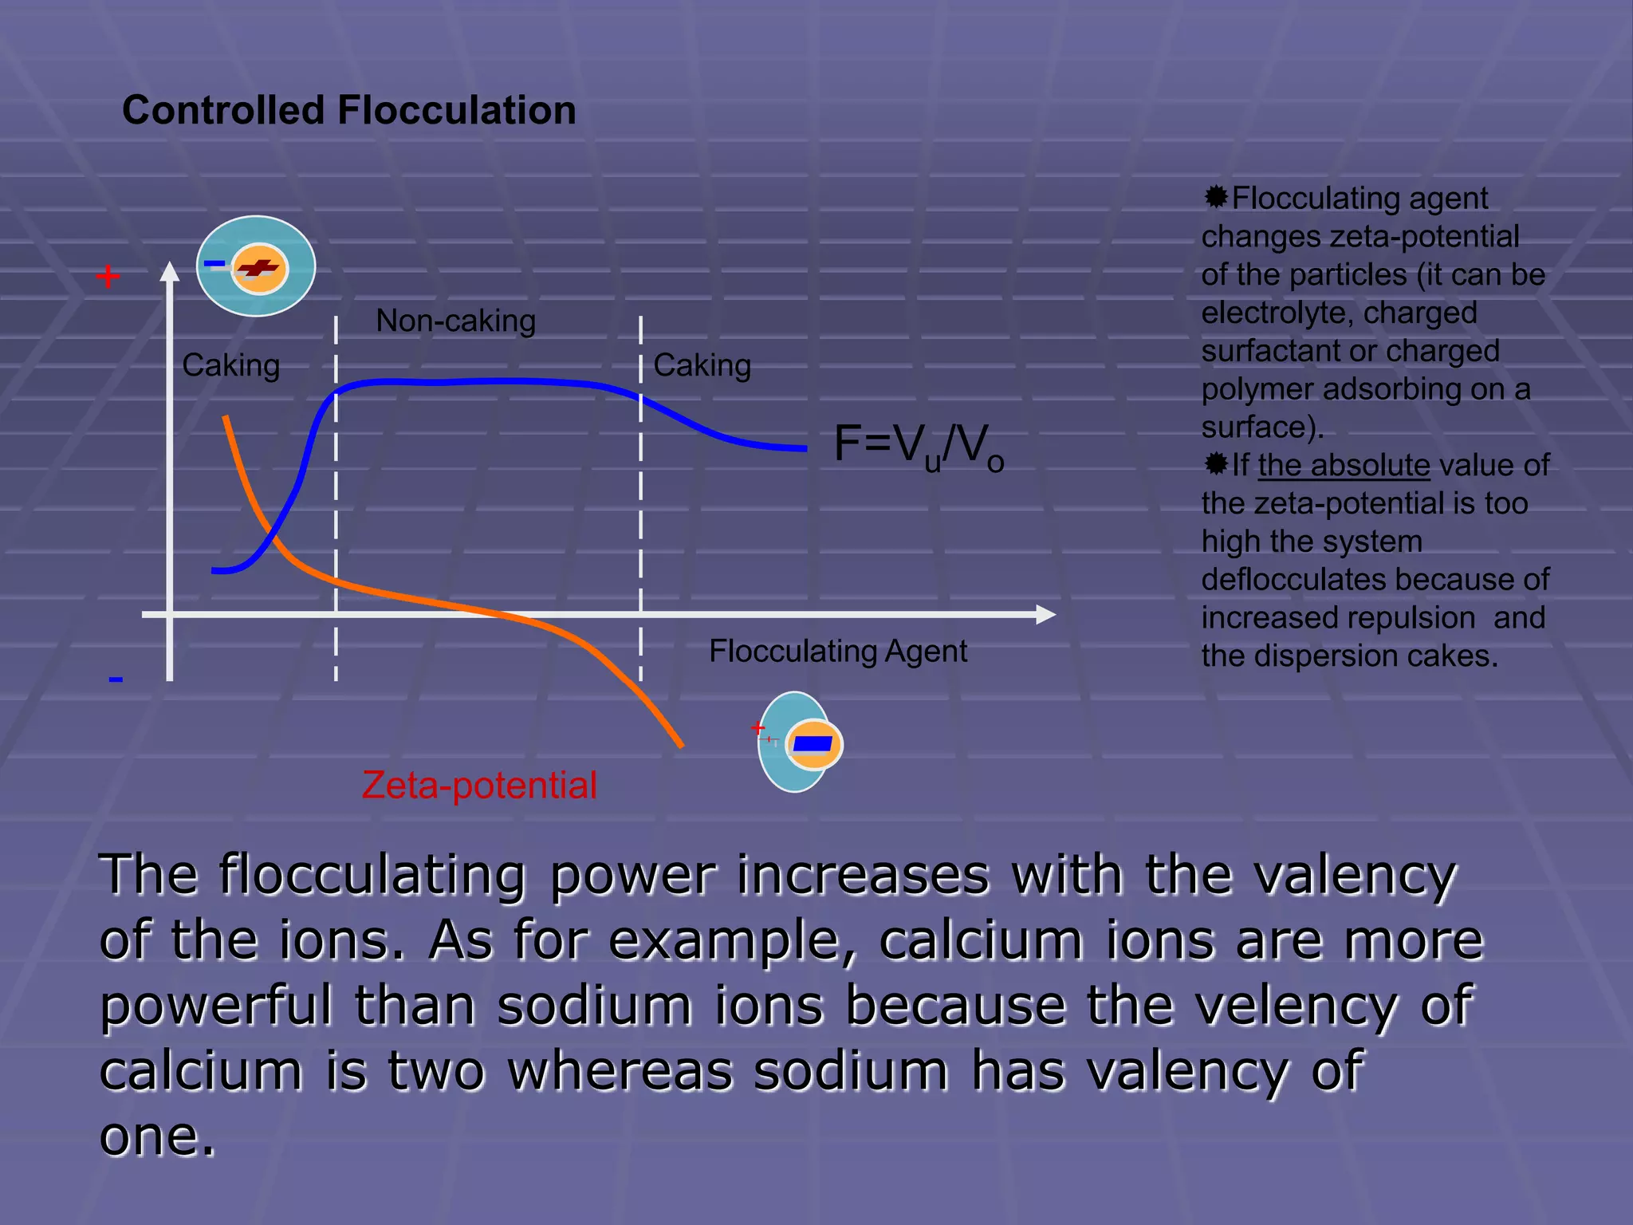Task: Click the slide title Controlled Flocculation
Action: (x=348, y=110)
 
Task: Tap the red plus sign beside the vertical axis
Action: (x=108, y=277)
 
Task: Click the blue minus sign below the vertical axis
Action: (x=116, y=679)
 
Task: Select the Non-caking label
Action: (x=455, y=321)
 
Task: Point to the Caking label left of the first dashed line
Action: (x=230, y=365)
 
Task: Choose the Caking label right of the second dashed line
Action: (x=702, y=365)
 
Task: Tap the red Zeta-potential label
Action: (x=479, y=785)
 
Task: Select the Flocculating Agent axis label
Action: (x=838, y=651)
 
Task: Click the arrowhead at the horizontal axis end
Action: (x=1046, y=614)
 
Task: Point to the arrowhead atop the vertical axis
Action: (x=169, y=272)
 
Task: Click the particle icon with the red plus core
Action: (x=256, y=266)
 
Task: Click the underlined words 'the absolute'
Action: (x=1344, y=465)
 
